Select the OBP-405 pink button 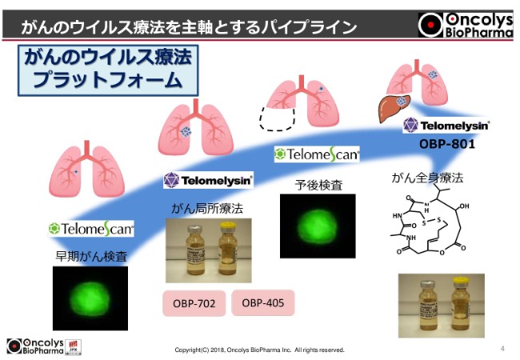tap(262, 303)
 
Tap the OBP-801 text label tap(447, 145)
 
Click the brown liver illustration tap(394, 105)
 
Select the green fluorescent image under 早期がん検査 tap(90, 297)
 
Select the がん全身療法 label tap(428, 177)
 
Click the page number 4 tap(502, 349)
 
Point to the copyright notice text tap(259, 350)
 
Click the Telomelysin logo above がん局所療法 tap(208, 180)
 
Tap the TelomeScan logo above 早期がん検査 tap(90, 228)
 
